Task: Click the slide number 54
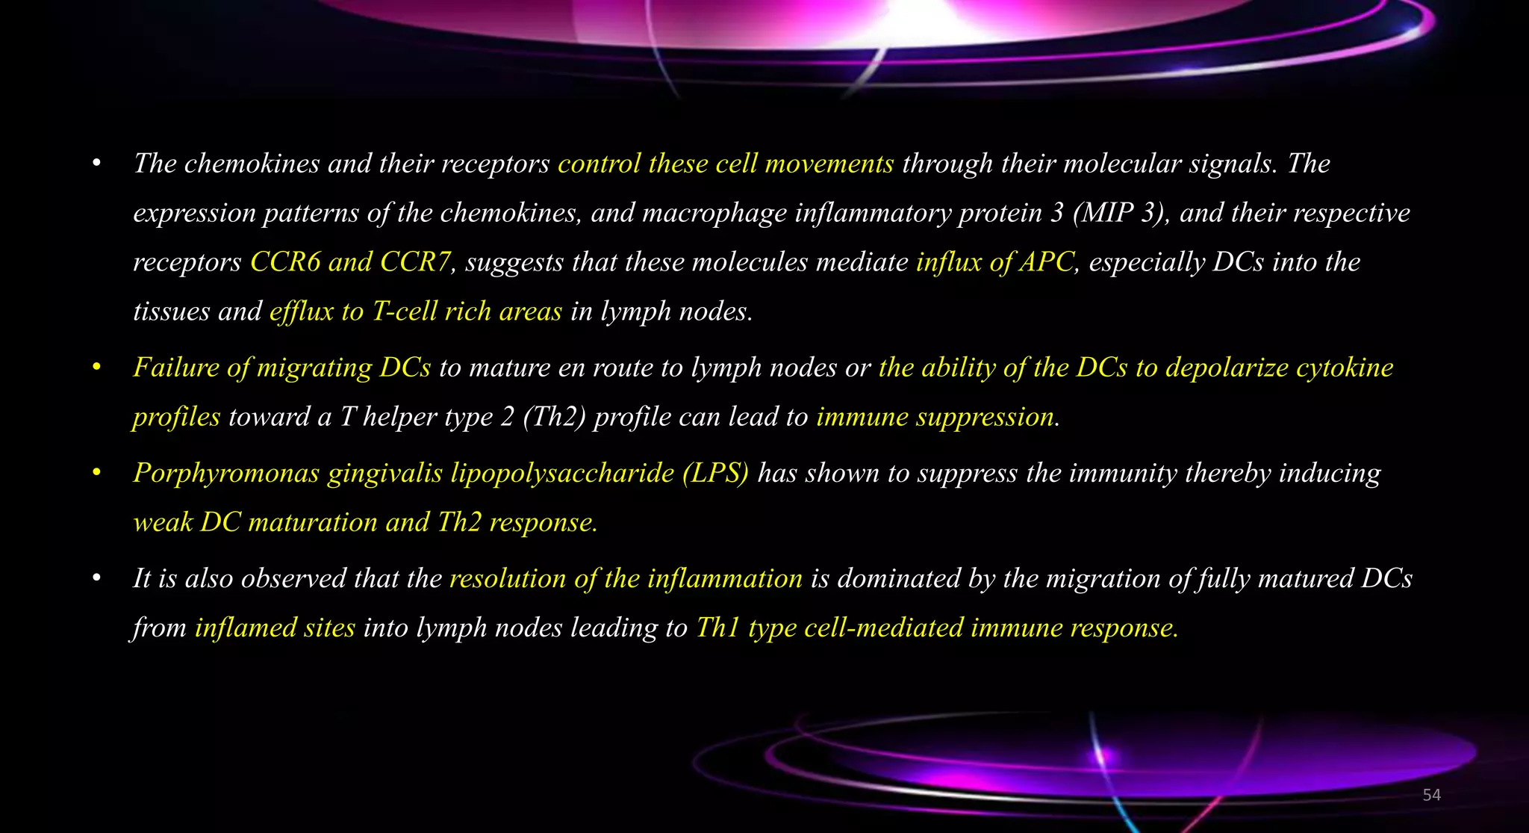coord(1431,795)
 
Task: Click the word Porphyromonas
coord(226,474)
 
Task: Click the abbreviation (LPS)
coord(715,474)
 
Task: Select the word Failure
coord(177,368)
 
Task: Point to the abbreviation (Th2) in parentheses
coord(554,417)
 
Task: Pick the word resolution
coord(508,579)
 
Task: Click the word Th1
coord(717,628)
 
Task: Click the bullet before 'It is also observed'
coord(96,579)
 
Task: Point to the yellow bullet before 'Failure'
coord(96,368)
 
